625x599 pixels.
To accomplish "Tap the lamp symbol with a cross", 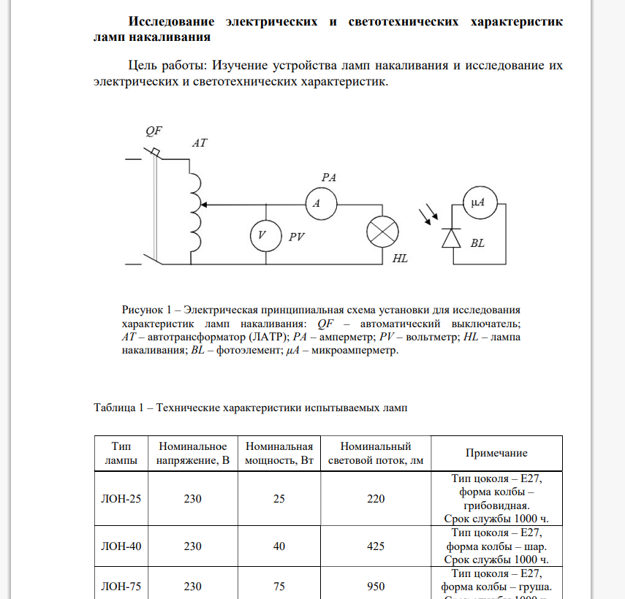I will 382,234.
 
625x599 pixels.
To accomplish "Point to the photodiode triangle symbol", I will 453,238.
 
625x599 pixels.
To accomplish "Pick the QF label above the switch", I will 154,131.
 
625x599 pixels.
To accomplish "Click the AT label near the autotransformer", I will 199,144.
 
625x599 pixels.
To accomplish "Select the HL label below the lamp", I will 400,259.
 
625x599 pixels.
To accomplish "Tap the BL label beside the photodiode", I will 477,243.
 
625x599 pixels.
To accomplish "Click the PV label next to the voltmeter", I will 295,237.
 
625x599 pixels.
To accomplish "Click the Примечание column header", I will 496,453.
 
